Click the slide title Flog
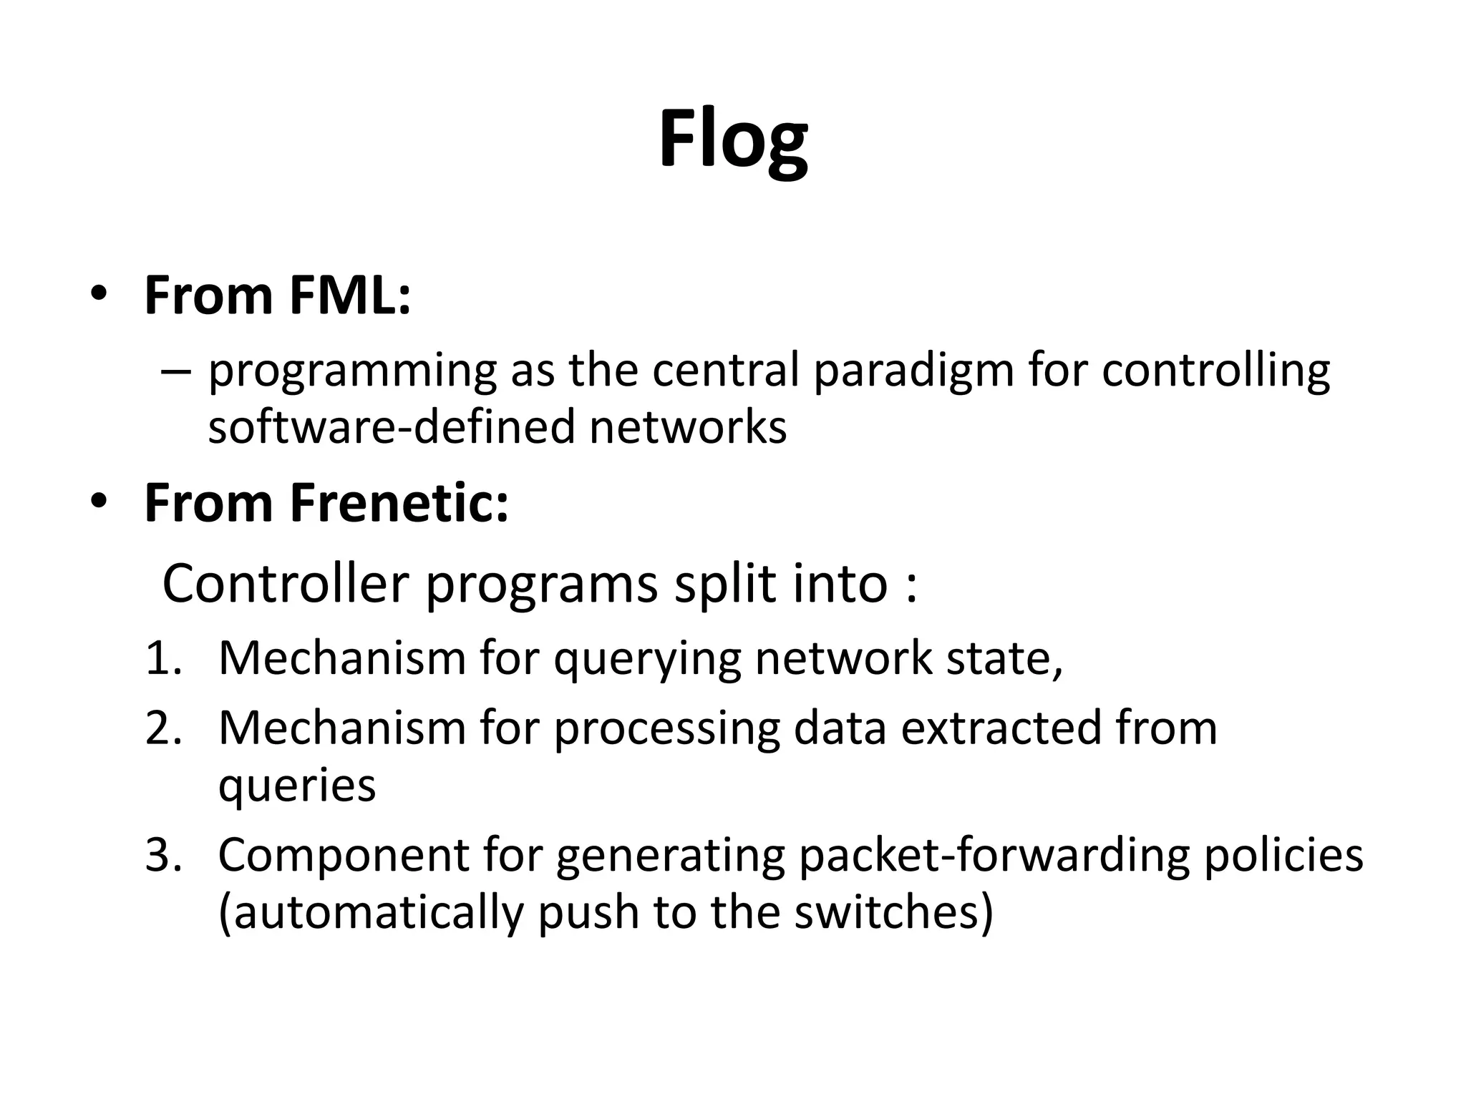click(x=733, y=140)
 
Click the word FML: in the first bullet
click(x=350, y=295)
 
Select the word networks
click(x=688, y=427)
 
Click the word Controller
click(x=286, y=584)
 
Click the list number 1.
click(x=164, y=658)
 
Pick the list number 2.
click(x=164, y=728)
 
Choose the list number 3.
click(x=164, y=855)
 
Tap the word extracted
click(x=999, y=728)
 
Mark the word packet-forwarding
click(x=994, y=855)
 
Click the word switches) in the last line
click(x=894, y=912)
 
